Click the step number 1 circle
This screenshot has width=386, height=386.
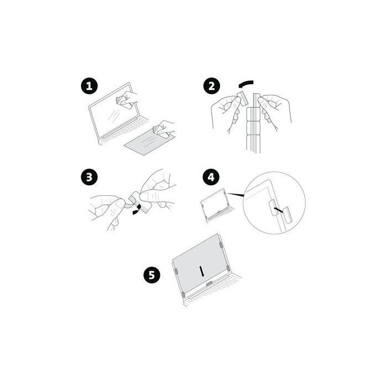(89, 86)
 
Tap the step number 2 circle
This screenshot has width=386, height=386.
(211, 86)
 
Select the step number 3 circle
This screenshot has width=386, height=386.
(89, 177)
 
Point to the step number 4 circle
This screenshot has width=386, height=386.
(211, 177)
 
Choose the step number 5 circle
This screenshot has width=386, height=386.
(152, 275)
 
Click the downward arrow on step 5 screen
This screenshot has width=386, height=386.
(202, 271)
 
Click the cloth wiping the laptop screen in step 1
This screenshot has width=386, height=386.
(124, 101)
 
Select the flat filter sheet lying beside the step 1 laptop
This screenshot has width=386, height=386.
(149, 143)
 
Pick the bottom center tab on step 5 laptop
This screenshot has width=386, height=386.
(210, 284)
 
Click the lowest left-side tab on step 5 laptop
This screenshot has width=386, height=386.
(183, 294)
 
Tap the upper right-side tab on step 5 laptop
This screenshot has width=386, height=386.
(221, 245)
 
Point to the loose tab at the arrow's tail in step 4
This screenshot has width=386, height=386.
(287, 215)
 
